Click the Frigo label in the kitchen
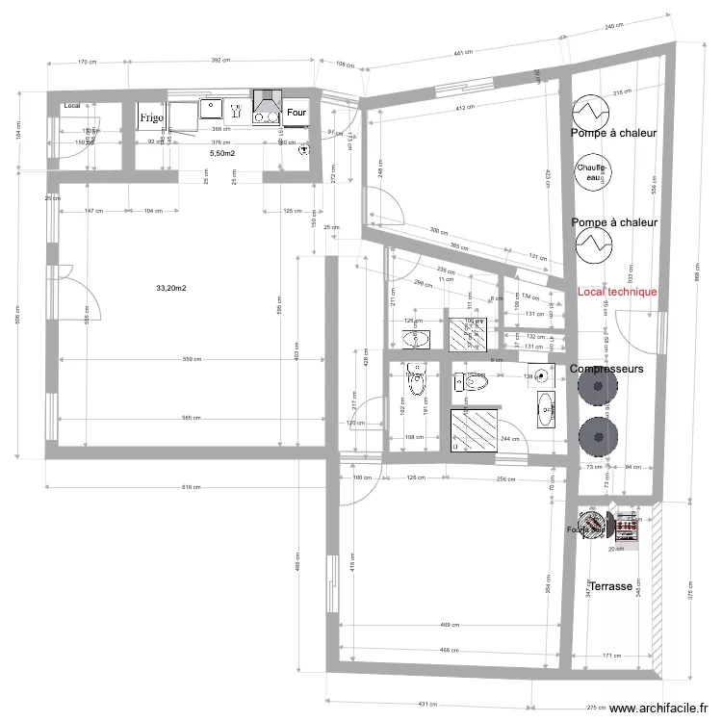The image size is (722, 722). [151, 117]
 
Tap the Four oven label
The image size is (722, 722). [297, 112]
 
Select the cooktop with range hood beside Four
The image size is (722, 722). [267, 107]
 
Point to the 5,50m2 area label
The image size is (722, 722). [221, 153]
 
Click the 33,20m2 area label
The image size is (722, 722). [171, 288]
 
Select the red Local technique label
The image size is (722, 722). [617, 292]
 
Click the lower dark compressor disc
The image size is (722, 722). [598, 432]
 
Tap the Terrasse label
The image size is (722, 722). [611, 585]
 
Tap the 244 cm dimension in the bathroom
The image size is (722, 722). [510, 439]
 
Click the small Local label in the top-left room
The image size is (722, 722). [72, 105]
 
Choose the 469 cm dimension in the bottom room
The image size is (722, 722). [449, 624]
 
